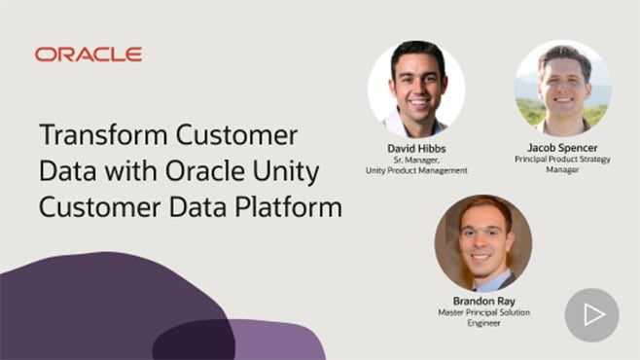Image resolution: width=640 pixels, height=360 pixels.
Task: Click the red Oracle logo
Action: [x=89, y=54]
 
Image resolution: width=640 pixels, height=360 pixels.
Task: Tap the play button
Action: [x=591, y=314]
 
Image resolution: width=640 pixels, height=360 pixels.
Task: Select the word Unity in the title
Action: [x=288, y=171]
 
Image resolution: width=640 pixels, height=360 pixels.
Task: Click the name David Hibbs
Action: [x=416, y=148]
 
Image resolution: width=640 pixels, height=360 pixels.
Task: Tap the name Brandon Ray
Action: [x=482, y=302]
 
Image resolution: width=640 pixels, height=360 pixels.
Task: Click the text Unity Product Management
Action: [x=416, y=170]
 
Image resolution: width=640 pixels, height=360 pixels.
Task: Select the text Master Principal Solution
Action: [x=483, y=313]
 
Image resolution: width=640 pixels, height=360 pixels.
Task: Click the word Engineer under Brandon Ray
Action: [x=482, y=324]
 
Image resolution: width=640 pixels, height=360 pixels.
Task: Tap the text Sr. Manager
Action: [x=416, y=160]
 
